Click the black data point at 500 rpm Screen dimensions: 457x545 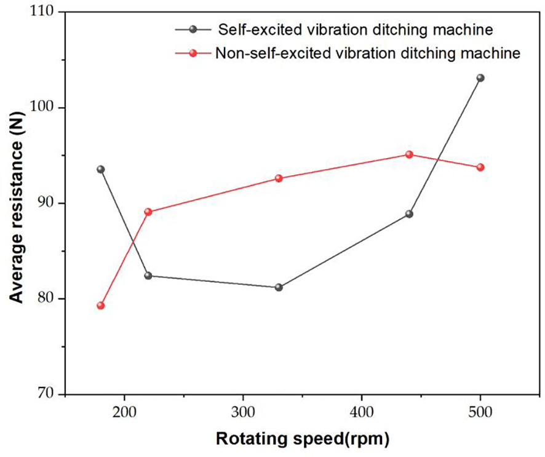(480, 78)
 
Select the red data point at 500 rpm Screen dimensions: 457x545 (480, 167)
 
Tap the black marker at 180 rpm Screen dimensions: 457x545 (101, 169)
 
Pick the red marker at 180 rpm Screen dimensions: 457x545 (101, 306)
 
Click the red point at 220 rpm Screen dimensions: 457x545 (148, 212)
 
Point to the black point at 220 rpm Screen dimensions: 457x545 (148, 276)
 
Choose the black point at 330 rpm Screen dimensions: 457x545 (279, 287)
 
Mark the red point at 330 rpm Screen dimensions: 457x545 (279, 178)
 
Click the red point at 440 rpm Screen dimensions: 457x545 (409, 154)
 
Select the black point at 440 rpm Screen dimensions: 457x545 (409, 214)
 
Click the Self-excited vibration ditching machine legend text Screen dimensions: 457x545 (353, 29)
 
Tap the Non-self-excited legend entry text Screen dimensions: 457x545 (368, 54)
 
